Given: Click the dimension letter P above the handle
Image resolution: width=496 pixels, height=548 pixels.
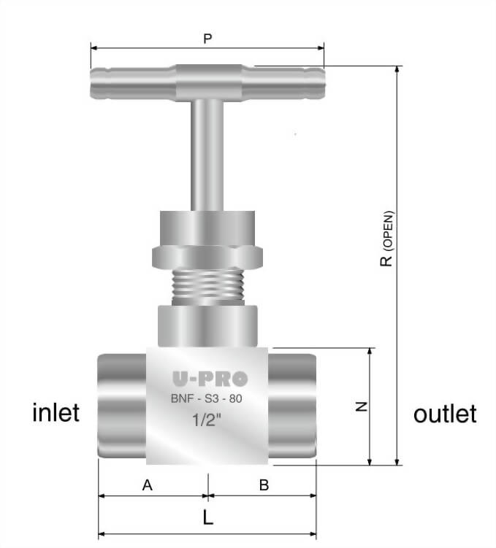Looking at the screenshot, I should tap(207, 39).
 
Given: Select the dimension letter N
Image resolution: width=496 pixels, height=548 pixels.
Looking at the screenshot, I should tap(359, 407).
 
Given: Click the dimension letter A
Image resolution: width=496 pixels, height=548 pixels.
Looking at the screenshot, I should tap(147, 484).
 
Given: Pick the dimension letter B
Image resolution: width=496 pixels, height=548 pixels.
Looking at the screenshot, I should tap(264, 484).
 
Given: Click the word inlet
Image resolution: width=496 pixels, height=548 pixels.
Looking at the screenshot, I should tap(56, 413).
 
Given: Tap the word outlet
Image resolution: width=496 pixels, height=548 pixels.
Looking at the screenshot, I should tap(445, 414).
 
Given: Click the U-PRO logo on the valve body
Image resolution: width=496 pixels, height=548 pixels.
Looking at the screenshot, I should tap(210, 379).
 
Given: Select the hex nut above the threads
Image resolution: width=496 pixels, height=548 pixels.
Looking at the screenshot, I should tap(207, 256).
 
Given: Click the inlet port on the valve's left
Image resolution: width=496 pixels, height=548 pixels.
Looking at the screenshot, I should tap(121, 406).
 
